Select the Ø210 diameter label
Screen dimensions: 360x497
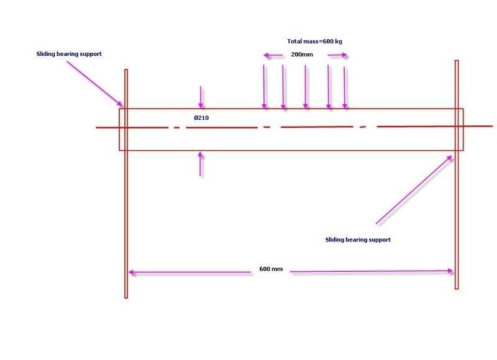(x=201, y=116)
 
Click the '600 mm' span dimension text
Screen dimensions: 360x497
(x=270, y=270)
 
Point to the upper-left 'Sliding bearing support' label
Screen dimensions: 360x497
(x=68, y=54)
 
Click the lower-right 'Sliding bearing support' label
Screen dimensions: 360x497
(x=358, y=239)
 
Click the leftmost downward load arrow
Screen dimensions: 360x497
(x=265, y=87)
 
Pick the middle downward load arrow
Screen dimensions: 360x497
(x=305, y=87)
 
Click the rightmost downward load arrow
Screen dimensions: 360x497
(x=345, y=87)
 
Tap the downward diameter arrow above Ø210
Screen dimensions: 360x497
(x=200, y=97)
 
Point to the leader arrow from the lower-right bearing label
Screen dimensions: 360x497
(x=414, y=189)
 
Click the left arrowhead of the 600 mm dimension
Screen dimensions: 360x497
(x=132, y=271)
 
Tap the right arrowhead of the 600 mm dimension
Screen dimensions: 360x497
(x=450, y=270)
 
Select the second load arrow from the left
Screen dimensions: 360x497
(x=283, y=87)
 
